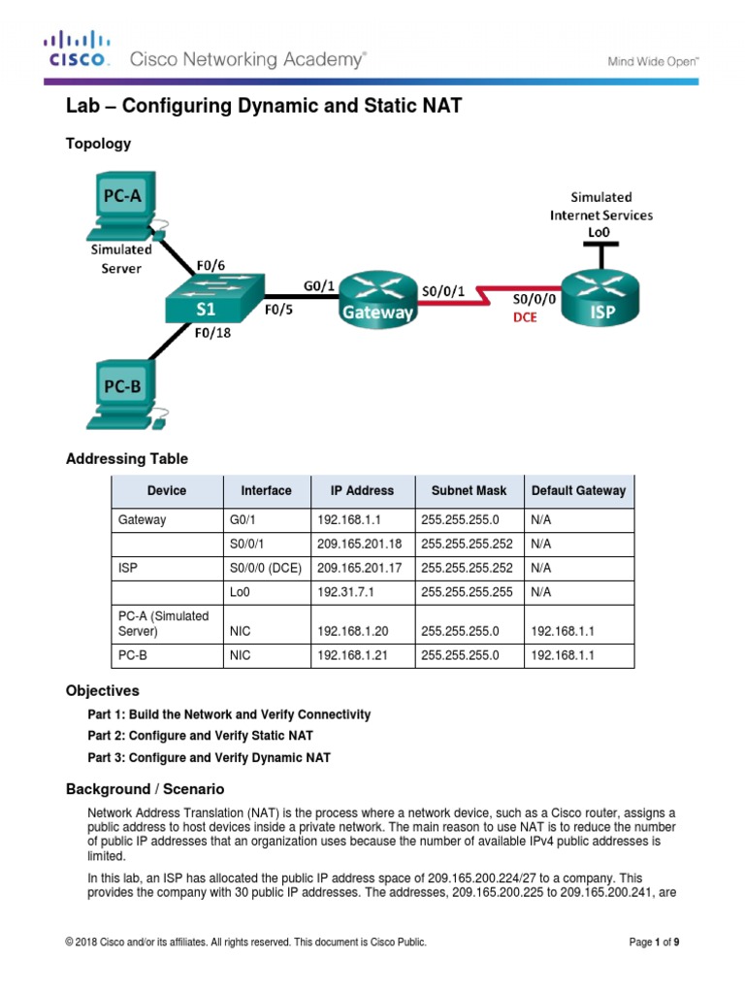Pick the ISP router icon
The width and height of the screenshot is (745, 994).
coord(601,297)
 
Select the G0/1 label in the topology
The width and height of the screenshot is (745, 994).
coord(320,284)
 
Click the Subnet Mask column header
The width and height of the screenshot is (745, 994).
coord(469,491)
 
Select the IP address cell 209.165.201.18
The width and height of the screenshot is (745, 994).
coord(359,545)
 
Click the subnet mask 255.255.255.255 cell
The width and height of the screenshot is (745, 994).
coord(469,589)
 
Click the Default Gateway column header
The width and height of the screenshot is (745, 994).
coord(578,491)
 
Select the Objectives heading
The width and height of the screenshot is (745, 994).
coord(102,691)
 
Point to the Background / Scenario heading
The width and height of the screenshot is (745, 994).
coord(145,789)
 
